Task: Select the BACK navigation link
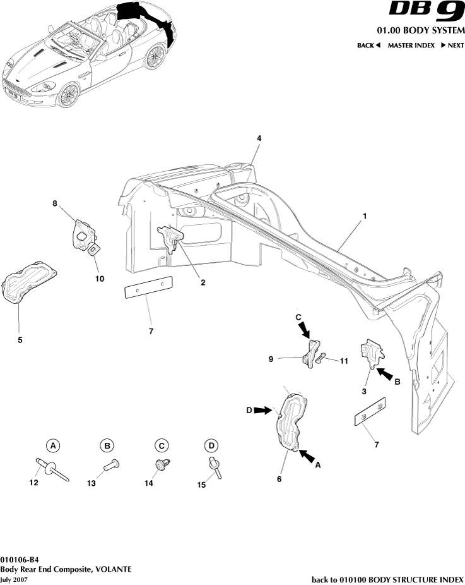coord(368,45)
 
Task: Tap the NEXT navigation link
coord(452,45)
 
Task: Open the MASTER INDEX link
coord(411,45)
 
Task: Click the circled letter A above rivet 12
coord(54,446)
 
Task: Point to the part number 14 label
coord(149,483)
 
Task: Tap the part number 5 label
coord(20,340)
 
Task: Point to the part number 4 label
coord(259,138)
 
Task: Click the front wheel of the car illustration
coord(68,95)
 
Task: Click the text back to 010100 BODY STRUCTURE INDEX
coord(387,579)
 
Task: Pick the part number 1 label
coord(365,215)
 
